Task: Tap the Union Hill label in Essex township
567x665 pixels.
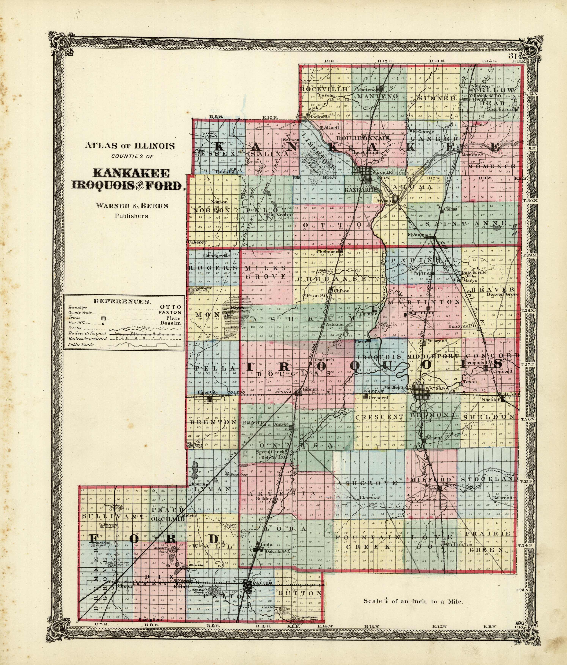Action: (224, 171)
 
